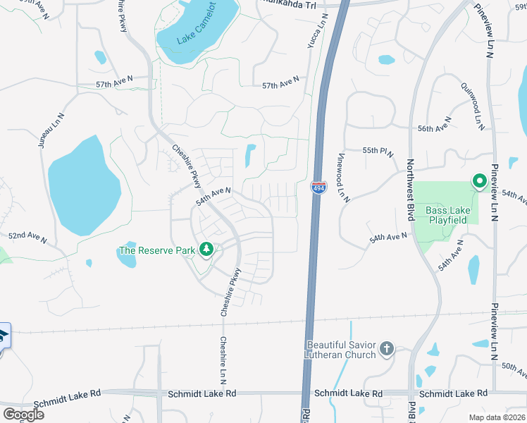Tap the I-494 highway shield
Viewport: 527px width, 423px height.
pyautogui.click(x=318, y=188)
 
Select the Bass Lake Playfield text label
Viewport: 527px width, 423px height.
pyautogui.click(x=446, y=215)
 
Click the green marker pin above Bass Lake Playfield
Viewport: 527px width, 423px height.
pyautogui.click(x=479, y=182)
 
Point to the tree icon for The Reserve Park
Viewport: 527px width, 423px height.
pyautogui.click(x=206, y=250)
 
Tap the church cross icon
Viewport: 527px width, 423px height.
pyautogui.click(x=385, y=348)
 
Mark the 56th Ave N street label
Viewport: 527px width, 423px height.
pyautogui.click(x=434, y=129)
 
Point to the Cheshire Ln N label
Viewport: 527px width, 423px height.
pyautogui.click(x=223, y=360)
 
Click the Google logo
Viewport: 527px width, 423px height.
pyautogui.click(x=23, y=415)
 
